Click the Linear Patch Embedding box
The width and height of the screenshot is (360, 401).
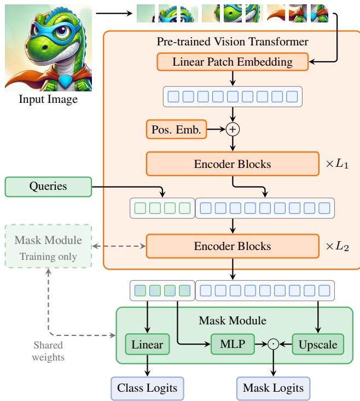pyautogui.click(x=232, y=62)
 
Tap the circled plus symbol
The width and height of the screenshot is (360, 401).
pyautogui.click(x=234, y=129)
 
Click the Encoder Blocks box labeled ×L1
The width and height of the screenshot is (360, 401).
pyautogui.click(x=232, y=163)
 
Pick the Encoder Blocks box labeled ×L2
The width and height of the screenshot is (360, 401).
pyautogui.click(x=232, y=246)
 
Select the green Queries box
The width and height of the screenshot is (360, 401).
pyautogui.click(x=48, y=186)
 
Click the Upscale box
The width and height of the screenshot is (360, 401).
pyautogui.click(x=318, y=345)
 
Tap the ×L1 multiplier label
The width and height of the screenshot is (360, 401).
pyautogui.click(x=337, y=164)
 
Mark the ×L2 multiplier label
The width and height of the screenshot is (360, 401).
pyautogui.click(x=337, y=247)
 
